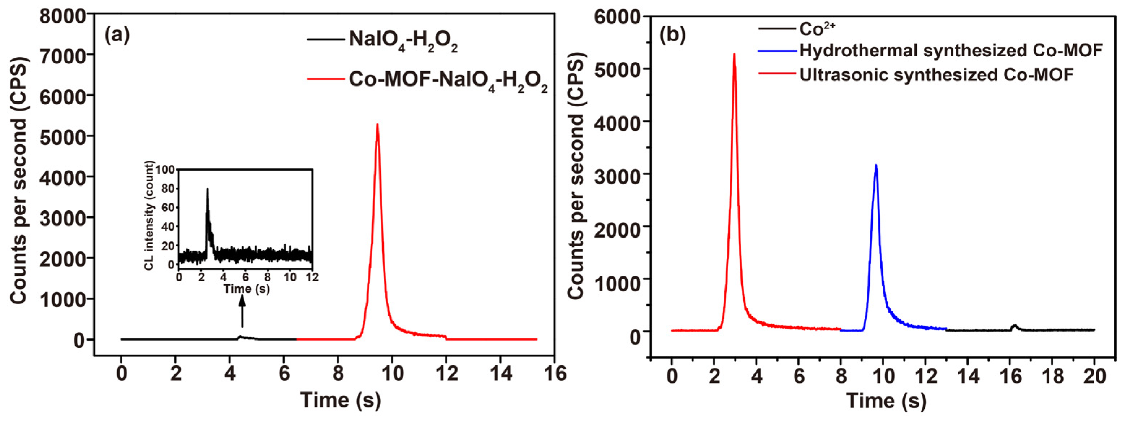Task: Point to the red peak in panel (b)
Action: pos(734,55)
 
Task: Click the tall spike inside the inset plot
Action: pos(207,190)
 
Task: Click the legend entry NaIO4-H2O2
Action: pos(403,40)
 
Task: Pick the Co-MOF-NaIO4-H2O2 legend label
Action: pos(448,81)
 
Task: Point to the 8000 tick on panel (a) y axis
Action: pos(62,16)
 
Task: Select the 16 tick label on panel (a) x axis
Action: pos(555,373)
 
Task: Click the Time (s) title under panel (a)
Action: pos(340,400)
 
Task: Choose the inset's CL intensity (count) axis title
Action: pos(150,216)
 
